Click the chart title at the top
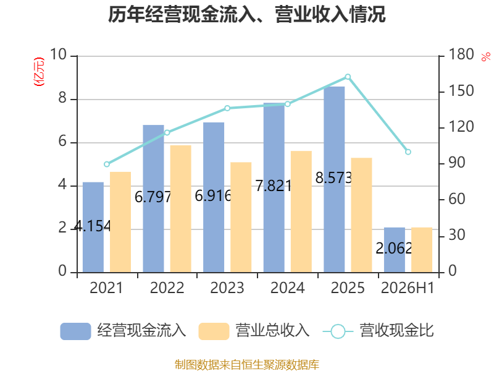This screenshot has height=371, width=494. (246, 14)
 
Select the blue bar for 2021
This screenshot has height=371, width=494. (93, 227)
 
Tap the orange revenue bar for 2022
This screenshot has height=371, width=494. (181, 209)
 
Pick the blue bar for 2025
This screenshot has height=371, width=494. (334, 179)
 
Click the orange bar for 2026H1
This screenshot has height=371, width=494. (422, 250)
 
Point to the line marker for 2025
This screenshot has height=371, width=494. (348, 77)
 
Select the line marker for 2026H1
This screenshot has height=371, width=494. (408, 152)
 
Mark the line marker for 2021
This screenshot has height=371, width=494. (107, 164)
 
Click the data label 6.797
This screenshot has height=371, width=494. (153, 197)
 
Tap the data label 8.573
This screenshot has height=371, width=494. (333, 178)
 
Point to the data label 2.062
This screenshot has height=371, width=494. (394, 249)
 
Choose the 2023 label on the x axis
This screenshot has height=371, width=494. (227, 288)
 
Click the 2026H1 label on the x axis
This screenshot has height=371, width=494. (408, 288)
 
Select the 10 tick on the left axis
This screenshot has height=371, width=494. (58, 54)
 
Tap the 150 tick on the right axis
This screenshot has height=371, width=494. (461, 91)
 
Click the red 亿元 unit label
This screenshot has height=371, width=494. (39, 72)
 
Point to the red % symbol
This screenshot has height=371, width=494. (486, 57)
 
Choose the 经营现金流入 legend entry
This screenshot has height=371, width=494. (123, 331)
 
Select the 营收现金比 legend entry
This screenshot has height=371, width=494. (379, 331)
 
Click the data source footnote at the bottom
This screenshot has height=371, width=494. (246, 365)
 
